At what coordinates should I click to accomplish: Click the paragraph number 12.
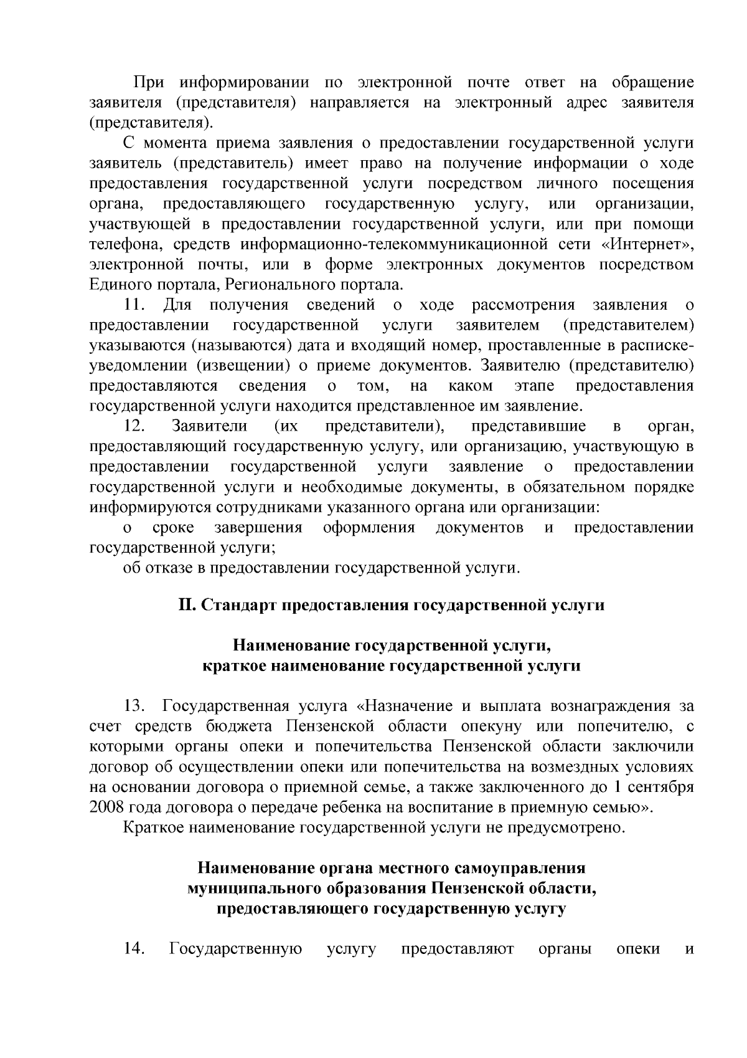(134, 426)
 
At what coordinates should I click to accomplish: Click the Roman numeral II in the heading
(186, 605)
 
